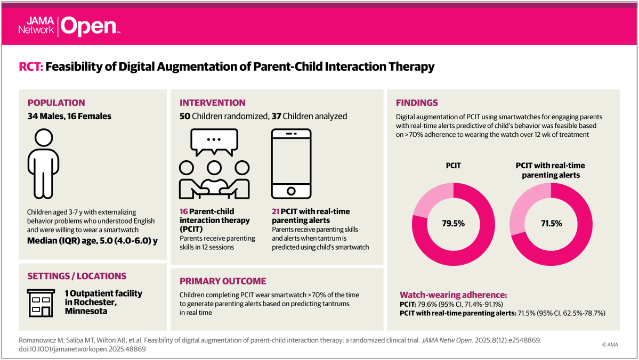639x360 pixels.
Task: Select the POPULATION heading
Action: click(56, 103)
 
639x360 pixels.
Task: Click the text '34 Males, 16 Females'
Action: click(69, 116)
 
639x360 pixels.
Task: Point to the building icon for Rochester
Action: click(41, 303)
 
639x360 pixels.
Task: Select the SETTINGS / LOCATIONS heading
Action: click(77, 276)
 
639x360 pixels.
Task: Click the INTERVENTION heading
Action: click(213, 103)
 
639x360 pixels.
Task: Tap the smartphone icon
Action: click(290, 163)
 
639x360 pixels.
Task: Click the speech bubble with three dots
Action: click(214, 142)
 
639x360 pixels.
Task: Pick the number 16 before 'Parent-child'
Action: click(184, 211)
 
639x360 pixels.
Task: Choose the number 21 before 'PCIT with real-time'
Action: click(276, 211)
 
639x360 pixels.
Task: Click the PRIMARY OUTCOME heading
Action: click(223, 281)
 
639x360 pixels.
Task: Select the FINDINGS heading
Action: click(417, 103)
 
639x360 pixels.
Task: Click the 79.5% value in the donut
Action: click(454, 223)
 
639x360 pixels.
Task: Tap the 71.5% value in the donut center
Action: click(551, 223)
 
